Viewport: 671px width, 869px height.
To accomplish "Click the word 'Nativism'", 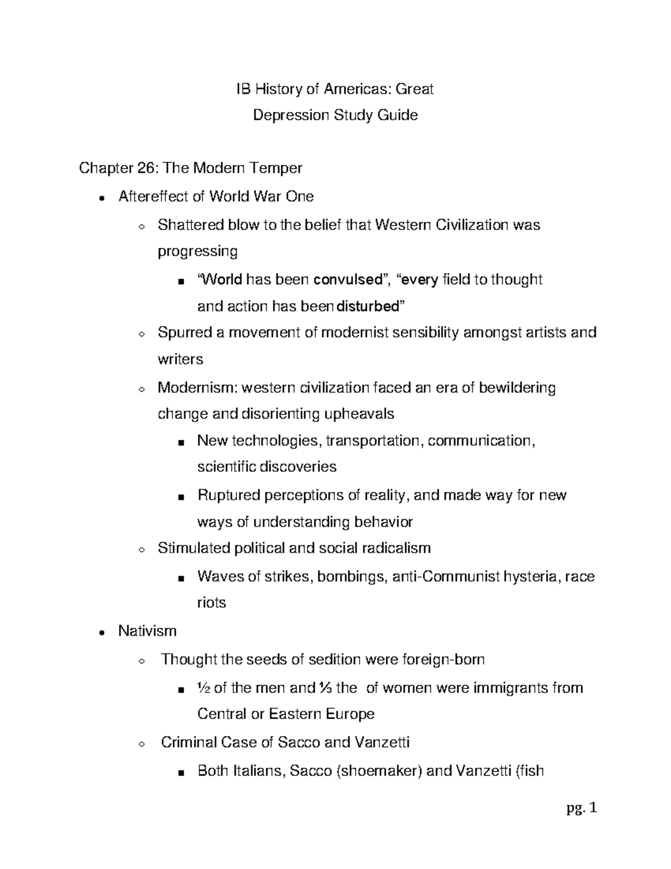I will point(147,631).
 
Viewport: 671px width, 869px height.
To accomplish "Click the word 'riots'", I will point(211,603).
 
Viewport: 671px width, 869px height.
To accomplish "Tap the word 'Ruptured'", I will point(228,496).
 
